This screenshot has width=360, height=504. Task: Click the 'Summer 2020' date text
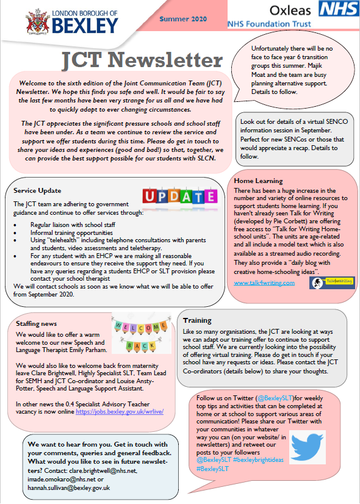coord(183,20)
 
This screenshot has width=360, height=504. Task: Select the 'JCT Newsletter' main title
coord(142,60)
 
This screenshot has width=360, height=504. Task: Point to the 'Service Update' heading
coord(37,190)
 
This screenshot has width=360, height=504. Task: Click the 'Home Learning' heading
coord(259,181)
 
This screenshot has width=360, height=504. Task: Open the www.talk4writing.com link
coord(264,283)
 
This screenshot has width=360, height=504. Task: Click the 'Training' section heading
coord(197,320)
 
